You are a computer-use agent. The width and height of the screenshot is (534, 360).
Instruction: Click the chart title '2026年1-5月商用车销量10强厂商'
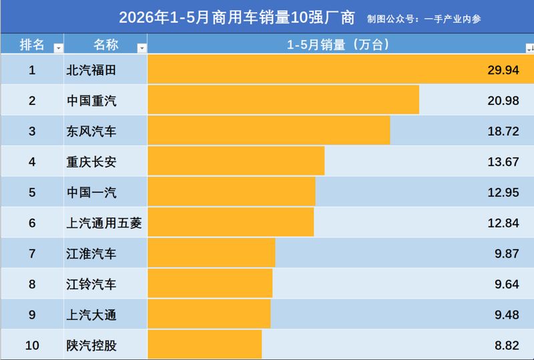[x=237, y=18]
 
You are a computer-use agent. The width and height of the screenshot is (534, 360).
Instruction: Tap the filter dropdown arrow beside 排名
[x=59, y=48]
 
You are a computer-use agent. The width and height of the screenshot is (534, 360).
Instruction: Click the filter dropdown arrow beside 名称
[x=142, y=48]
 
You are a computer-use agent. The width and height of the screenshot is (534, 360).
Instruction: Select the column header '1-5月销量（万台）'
[x=338, y=45]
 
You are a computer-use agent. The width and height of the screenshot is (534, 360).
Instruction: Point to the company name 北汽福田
[x=91, y=70]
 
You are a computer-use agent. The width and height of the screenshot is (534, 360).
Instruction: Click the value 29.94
[x=503, y=70]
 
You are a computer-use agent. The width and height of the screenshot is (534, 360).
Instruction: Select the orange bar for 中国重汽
[x=283, y=100]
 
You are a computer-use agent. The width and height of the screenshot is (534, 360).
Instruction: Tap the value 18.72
[x=503, y=132]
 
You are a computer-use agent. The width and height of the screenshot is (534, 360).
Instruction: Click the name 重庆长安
[x=91, y=162]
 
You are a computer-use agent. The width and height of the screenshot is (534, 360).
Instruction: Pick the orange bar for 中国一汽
[x=232, y=191]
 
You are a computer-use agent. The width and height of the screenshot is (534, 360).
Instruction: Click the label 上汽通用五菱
[x=104, y=223]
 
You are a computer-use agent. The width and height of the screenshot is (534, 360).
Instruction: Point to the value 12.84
[x=503, y=223]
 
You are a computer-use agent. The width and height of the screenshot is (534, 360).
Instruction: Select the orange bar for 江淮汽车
[x=212, y=252]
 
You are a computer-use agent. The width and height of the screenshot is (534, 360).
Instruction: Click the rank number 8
[x=32, y=284]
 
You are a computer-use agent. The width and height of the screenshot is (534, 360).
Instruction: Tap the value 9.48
[x=507, y=315]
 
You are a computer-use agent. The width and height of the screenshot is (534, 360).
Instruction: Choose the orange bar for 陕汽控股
[x=205, y=345]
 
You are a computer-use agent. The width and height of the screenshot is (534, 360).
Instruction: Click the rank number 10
[x=32, y=345]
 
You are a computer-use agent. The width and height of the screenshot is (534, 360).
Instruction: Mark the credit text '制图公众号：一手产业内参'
[x=424, y=19]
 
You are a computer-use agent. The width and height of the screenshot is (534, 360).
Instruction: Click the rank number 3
[x=32, y=132]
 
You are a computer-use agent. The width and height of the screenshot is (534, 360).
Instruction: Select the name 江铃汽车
[x=91, y=284]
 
